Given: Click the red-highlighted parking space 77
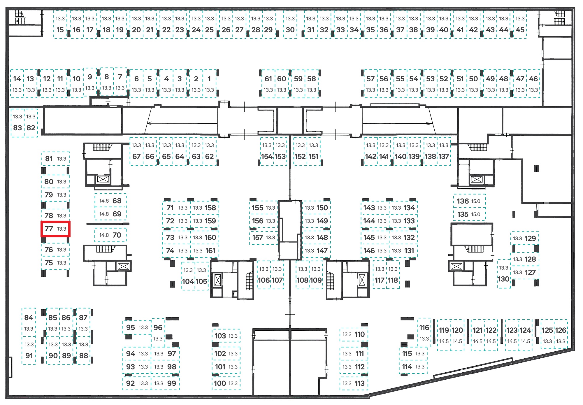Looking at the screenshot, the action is click(55, 229).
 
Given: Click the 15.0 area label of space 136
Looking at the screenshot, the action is click(476, 201).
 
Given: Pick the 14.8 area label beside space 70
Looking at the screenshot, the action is click(104, 235).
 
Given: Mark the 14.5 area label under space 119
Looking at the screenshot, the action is click(444, 341).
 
